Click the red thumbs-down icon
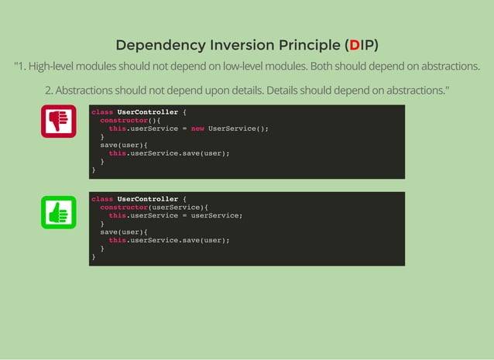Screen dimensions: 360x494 59,122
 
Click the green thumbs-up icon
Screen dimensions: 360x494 59,212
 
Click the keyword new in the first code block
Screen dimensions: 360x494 197,129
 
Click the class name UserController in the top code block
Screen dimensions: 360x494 147,111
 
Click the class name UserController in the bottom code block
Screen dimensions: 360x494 147,199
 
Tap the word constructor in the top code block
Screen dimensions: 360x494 123,120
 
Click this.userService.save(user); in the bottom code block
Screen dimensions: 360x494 169,240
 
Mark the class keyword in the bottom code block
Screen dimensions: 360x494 102,199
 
